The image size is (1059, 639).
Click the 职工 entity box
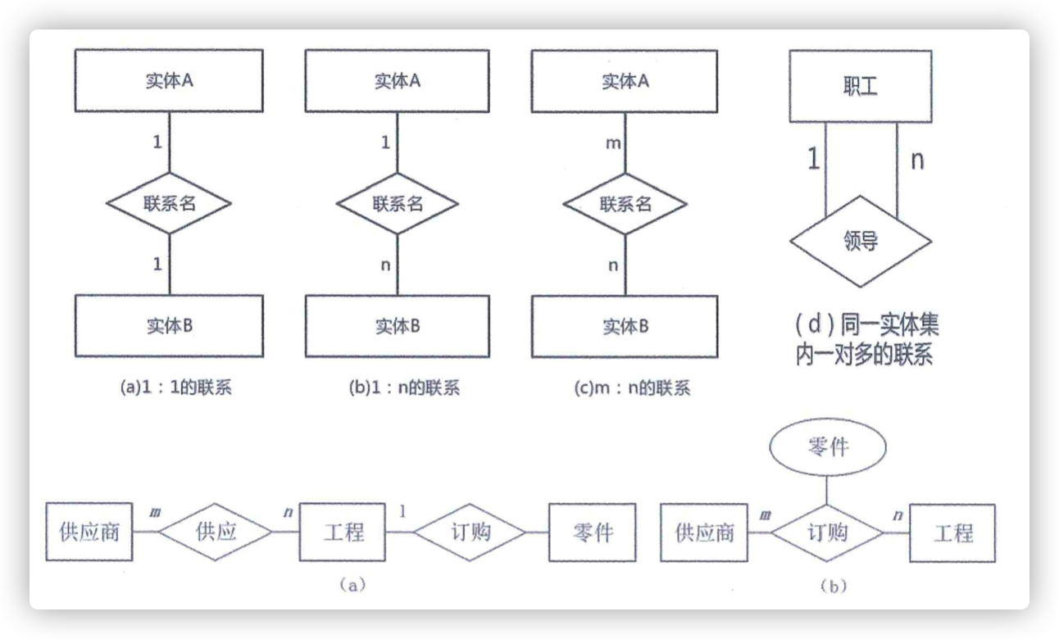pyautogui.click(x=861, y=87)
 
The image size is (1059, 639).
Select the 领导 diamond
pyautogui.click(x=861, y=242)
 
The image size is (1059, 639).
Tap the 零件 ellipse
pyautogui.click(x=828, y=446)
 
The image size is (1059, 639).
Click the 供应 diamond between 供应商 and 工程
pyautogui.click(x=215, y=532)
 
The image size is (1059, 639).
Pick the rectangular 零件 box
pyautogui.click(x=593, y=532)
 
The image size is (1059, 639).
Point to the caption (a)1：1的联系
pyautogui.click(x=176, y=387)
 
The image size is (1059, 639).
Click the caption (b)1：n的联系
pyautogui.click(x=404, y=388)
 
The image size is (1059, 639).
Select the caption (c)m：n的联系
pyautogui.click(x=632, y=388)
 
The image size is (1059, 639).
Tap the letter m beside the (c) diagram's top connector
pyautogui.click(x=613, y=143)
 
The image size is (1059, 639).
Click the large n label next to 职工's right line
pyautogui.click(x=917, y=160)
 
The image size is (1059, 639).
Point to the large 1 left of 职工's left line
pyautogui.click(x=813, y=158)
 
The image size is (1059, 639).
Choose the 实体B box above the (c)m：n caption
pyautogui.click(x=625, y=327)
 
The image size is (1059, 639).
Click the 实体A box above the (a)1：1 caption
pyautogui.click(x=169, y=81)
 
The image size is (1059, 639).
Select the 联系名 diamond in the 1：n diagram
pyautogui.click(x=397, y=204)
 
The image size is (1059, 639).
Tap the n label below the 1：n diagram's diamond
pyautogui.click(x=386, y=265)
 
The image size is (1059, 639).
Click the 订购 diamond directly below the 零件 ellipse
pyautogui.click(x=827, y=532)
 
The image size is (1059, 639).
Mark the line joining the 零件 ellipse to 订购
pyautogui.click(x=827, y=490)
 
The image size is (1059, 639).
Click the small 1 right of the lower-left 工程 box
pyautogui.click(x=402, y=511)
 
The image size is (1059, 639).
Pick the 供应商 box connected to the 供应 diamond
pyautogui.click(x=89, y=532)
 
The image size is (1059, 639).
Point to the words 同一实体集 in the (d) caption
pyautogui.click(x=889, y=324)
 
